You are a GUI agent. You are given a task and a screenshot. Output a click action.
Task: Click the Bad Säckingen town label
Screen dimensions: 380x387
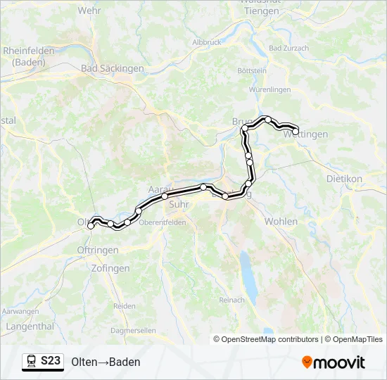pyautogui.click(x=113, y=69)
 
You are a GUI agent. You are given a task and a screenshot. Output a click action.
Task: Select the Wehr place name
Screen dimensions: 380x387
pyautogui.click(x=89, y=11)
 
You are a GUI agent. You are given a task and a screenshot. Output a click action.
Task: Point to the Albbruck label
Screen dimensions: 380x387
pyautogui.click(x=206, y=42)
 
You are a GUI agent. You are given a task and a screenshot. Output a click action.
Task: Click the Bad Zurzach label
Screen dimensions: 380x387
pyautogui.click(x=288, y=49)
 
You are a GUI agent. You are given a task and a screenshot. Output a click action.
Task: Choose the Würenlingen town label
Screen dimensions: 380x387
pyautogui.click(x=270, y=90)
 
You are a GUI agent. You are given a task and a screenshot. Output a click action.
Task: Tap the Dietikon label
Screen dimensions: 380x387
pyautogui.click(x=344, y=179)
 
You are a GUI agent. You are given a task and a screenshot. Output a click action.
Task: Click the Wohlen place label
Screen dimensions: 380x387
pyautogui.click(x=281, y=221)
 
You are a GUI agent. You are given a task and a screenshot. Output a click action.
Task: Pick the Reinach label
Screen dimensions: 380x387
pyautogui.click(x=231, y=300)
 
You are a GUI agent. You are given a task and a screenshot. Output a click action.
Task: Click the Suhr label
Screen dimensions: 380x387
pyautogui.click(x=179, y=205)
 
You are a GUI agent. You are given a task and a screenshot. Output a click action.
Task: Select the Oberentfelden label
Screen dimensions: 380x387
pyautogui.click(x=163, y=222)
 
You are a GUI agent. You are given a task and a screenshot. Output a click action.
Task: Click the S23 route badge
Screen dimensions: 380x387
pyautogui.click(x=42, y=361)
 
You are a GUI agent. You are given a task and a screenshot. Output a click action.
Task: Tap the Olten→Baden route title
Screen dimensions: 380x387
pyautogui.click(x=106, y=362)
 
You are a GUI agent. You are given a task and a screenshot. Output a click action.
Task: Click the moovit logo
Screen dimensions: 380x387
pyautogui.click(x=334, y=362)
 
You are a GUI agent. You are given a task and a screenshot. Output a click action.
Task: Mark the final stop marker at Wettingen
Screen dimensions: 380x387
pyautogui.click(x=296, y=131)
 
